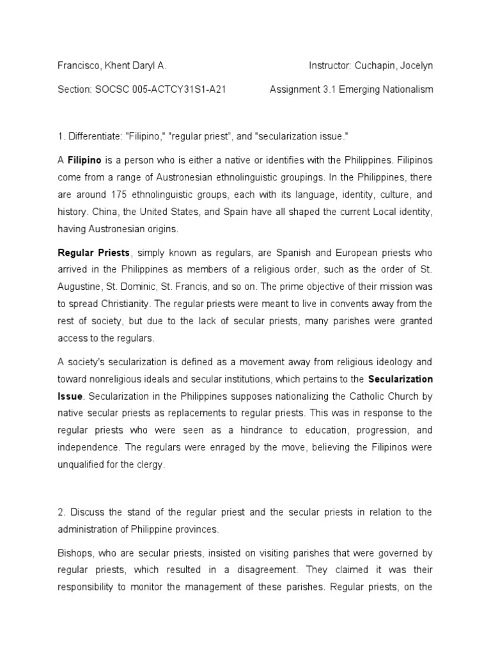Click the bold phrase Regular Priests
[x=94, y=253]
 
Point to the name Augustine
[x=80, y=287]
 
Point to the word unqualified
[x=81, y=465]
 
